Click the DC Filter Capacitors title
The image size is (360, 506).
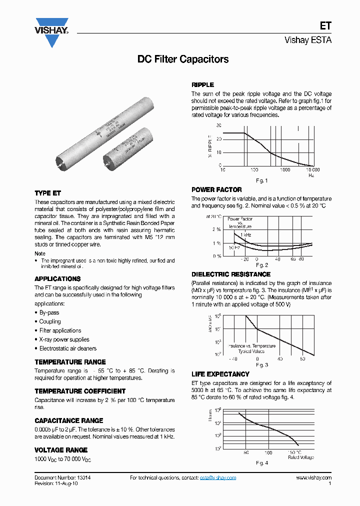183,59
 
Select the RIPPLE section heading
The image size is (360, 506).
203,85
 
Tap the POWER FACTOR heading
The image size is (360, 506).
216,190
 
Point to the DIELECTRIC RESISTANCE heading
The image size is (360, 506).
231,274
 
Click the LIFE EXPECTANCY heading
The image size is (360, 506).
220,374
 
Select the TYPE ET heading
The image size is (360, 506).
48,193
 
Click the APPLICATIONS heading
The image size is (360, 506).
57,278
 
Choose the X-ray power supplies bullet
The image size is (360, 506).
64,339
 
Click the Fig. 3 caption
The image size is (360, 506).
262,365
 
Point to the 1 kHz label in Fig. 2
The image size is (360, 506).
245,234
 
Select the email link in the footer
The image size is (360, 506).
218,478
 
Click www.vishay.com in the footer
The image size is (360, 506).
313,478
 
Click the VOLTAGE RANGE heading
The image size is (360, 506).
61,450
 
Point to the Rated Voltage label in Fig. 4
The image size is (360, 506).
301,457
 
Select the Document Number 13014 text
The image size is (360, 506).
58,478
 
